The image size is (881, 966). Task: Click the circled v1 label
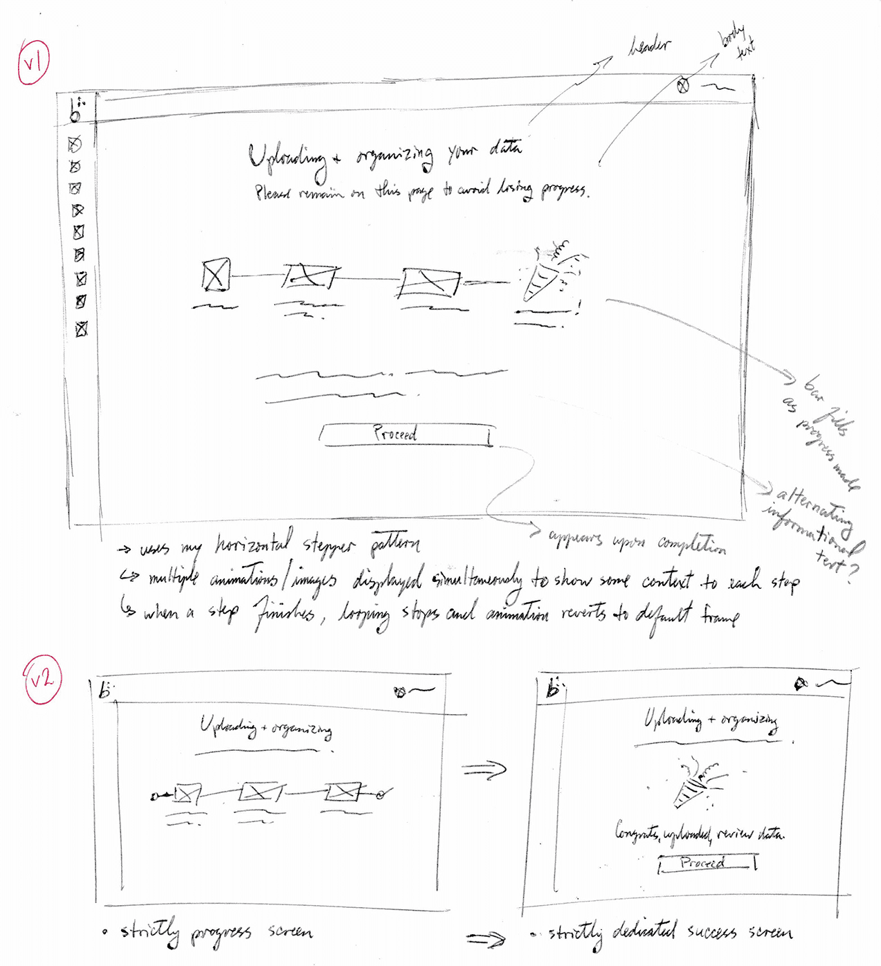(x=33, y=64)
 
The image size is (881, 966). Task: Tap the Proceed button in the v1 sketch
(x=406, y=435)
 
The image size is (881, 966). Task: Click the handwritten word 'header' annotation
(x=648, y=47)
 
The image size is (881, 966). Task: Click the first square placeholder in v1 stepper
(x=216, y=275)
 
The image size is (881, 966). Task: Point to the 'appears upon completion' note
(x=637, y=542)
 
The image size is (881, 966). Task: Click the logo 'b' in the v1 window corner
(x=76, y=111)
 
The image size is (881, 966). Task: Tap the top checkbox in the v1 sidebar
(x=75, y=144)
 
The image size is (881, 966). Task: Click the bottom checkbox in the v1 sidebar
(x=82, y=329)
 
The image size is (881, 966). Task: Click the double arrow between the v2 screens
(x=484, y=769)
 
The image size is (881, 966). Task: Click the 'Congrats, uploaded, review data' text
(x=699, y=833)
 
